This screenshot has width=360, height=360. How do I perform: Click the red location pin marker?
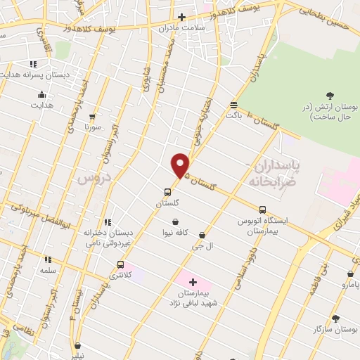[x=181, y=165]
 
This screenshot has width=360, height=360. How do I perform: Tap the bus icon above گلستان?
[x=167, y=191]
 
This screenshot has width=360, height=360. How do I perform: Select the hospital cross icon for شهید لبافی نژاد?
[x=193, y=281]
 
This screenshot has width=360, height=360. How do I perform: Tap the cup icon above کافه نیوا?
[x=174, y=221]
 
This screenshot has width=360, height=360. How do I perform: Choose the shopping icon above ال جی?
[x=202, y=235]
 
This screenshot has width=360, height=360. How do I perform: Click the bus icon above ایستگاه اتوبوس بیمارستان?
[x=263, y=210]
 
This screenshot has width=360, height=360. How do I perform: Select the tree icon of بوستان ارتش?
[x=330, y=95]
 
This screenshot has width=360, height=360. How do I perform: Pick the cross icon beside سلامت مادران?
[x=181, y=17]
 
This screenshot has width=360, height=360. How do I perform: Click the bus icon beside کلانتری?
[x=121, y=265]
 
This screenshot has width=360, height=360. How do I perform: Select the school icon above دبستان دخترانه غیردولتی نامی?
[x=107, y=222]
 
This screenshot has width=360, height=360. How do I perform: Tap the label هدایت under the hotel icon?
[x=41, y=105]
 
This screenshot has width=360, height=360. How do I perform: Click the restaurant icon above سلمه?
[x=48, y=259]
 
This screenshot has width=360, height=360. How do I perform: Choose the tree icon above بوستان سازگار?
[x=335, y=318]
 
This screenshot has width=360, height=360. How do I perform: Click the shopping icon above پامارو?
[x=350, y=274]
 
